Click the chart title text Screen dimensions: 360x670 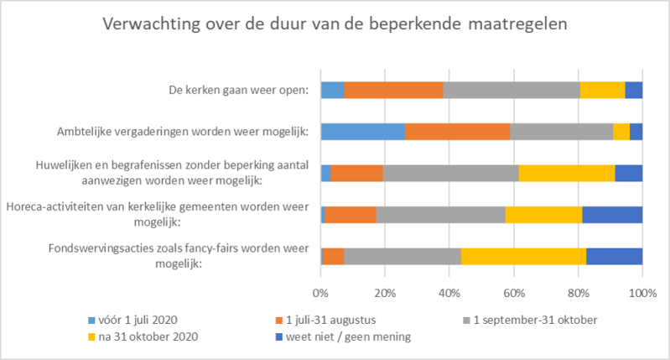(335, 23)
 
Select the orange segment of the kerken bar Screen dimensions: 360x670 (393, 90)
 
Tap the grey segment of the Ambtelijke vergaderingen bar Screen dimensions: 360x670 (561, 131)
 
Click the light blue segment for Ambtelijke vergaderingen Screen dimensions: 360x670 (363, 131)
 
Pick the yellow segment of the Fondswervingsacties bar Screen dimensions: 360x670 (523, 255)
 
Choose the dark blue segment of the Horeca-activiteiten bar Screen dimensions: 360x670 (612, 214)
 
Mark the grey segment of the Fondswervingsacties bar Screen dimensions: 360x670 (403, 255)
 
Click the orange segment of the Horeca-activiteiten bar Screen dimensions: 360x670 (351, 214)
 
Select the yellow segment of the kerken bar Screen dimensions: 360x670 (602, 90)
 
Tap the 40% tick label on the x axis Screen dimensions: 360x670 (449, 294)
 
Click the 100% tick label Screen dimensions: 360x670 (641, 294)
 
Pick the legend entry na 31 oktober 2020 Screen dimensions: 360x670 (146, 337)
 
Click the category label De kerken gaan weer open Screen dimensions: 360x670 (238, 90)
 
